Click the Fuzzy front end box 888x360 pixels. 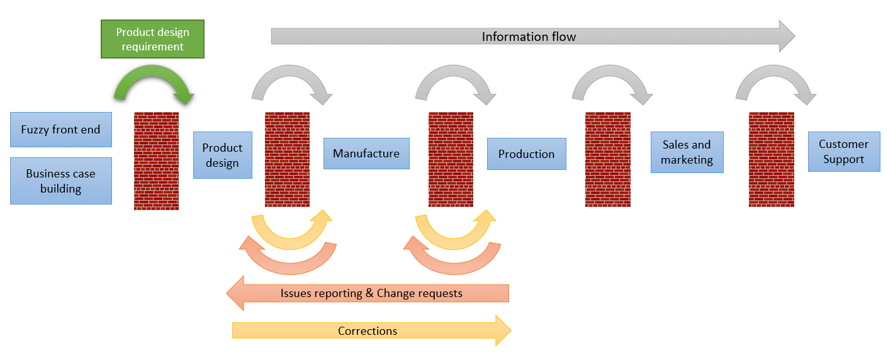pos(61,130)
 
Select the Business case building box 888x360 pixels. pos(61,181)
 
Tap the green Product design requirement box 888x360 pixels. pos(152,39)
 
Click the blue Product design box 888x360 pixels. pos(222,155)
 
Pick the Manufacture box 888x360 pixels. pos(366,154)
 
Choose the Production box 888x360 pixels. pos(526,154)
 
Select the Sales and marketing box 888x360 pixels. pos(687,152)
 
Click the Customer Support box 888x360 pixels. pos(843,152)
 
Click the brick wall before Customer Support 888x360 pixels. pos(771,159)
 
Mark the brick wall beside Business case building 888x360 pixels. pos(156,160)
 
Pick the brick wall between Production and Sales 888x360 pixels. pos(607,159)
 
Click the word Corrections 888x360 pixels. pos(368,331)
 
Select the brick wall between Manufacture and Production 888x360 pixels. pos(451,159)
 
